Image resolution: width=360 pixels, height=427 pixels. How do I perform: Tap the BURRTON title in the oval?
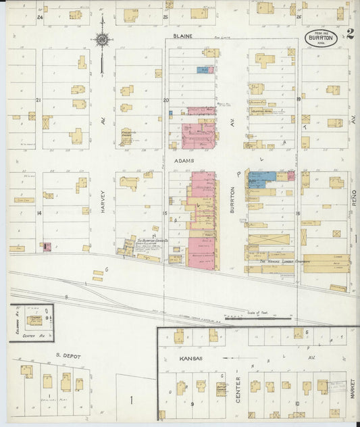pos(322,38)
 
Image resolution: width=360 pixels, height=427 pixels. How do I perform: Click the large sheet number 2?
pos(349,34)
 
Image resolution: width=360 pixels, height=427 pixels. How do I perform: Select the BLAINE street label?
pos(182,36)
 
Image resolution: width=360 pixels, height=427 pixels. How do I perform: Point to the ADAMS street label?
pos(184,161)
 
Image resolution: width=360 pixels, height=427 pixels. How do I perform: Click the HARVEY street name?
pos(103,200)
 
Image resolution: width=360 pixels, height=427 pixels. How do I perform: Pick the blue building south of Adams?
pos(261,178)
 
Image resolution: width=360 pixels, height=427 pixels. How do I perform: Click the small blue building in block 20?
pos(203,70)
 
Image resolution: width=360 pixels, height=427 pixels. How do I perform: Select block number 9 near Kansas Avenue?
pos(192,403)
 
